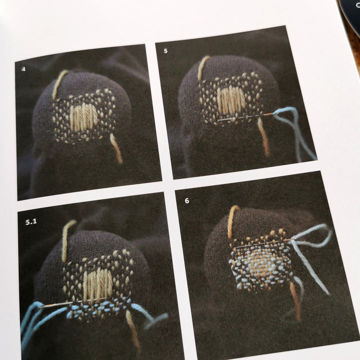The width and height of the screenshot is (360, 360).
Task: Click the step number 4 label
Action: pyautogui.click(x=23, y=69)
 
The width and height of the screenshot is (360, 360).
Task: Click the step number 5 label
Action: pyautogui.click(x=166, y=51)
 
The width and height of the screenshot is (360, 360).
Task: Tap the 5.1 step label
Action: pyautogui.click(x=31, y=222)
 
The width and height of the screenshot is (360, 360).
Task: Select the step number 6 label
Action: pyautogui.click(x=187, y=200)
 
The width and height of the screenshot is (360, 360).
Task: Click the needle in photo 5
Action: pyautogui.click(x=245, y=117)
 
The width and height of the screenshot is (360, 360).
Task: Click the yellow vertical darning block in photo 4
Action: pyautogui.click(x=83, y=118)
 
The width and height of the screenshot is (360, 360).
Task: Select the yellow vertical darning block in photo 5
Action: pyautogui.click(x=229, y=99)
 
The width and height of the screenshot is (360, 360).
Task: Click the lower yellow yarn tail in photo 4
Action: pyautogui.click(x=116, y=148)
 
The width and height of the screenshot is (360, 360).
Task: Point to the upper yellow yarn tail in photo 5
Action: pyautogui.click(x=203, y=67)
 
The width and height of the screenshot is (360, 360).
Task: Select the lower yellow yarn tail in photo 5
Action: pyautogui.click(x=263, y=136)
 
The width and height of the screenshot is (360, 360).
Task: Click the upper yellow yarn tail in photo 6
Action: pyautogui.click(x=232, y=221)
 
